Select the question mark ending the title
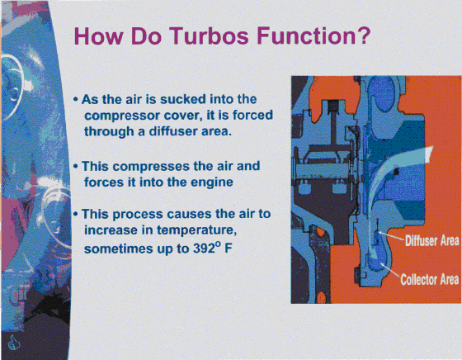pos(364,35)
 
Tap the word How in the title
pos(98,36)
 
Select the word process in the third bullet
pos(138,215)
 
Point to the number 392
pos(204,249)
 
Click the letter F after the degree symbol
pos(228,249)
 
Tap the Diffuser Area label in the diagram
pos(431,240)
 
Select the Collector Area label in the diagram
pos(430,279)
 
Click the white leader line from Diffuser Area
pos(391,236)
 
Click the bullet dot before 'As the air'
pos(76,99)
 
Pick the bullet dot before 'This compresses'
pos(76,167)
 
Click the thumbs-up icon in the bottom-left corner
pos(13,343)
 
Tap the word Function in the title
pos(307,36)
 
